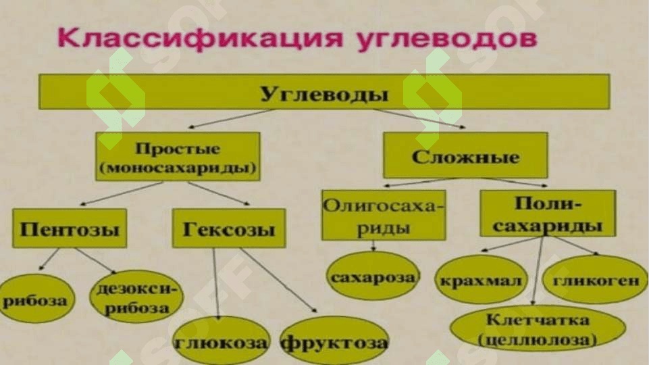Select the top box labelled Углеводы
[324, 92]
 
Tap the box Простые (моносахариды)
[178, 157]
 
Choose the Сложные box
[465, 155]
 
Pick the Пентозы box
[70, 228]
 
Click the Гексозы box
[229, 228]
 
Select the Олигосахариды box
[384, 216]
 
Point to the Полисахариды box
[548, 214]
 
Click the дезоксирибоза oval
[136, 297]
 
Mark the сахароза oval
[373, 276]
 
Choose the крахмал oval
[481, 281]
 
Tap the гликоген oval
[595, 280]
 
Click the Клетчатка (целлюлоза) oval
[538, 329]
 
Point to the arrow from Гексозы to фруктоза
[279, 280]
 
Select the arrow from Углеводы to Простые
[230, 118]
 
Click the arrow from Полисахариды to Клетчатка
[538, 270]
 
